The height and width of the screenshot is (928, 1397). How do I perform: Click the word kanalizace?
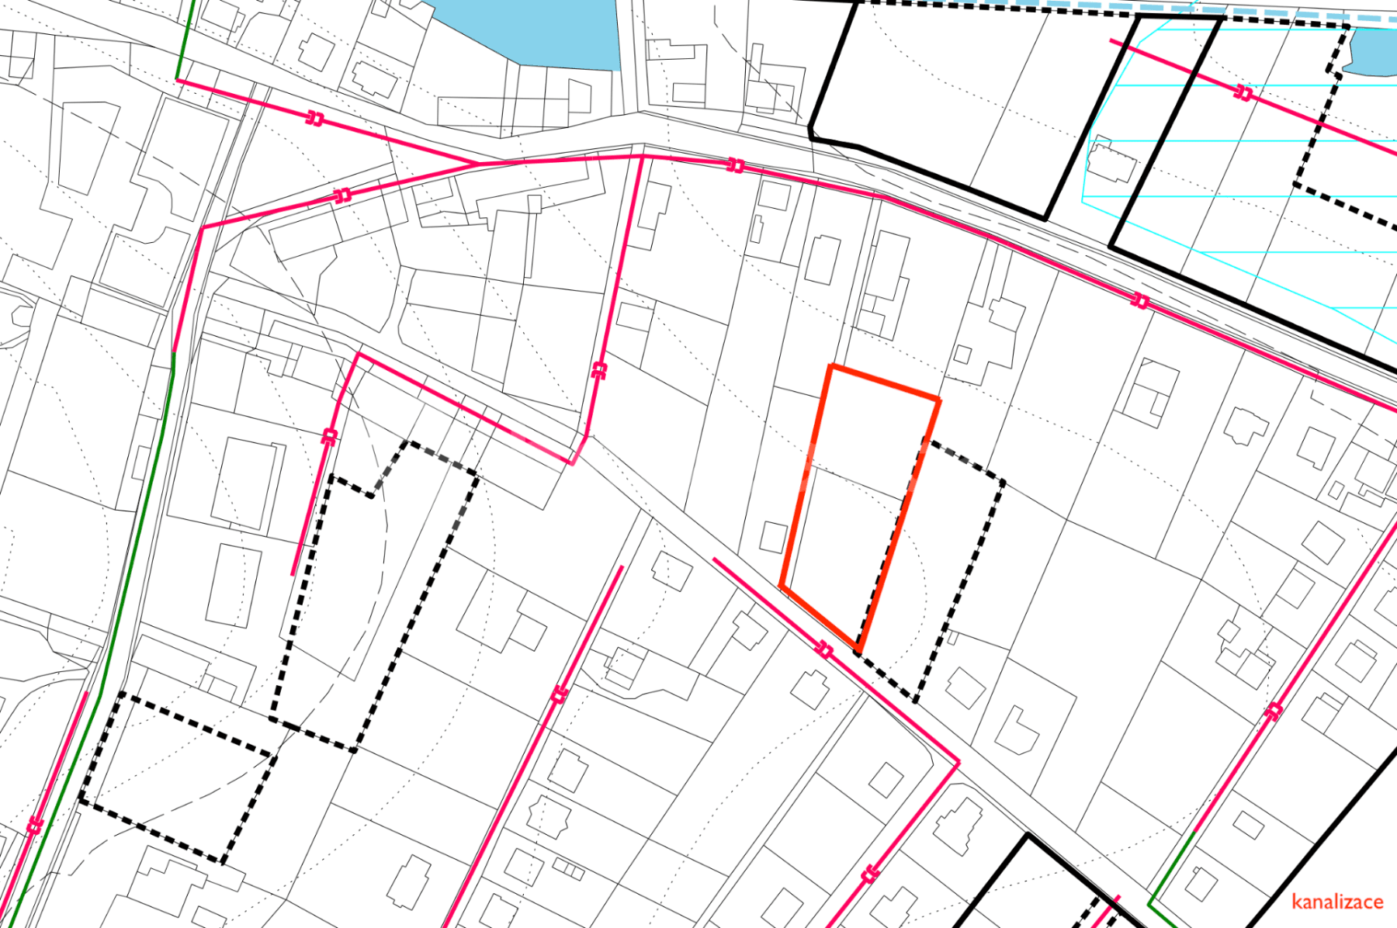[x=1337, y=902]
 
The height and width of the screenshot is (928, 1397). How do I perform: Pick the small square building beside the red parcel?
[x=773, y=537]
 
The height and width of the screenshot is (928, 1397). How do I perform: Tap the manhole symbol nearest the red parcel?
[x=825, y=649]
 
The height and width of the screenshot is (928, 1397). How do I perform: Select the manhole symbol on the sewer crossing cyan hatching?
[x=1243, y=94]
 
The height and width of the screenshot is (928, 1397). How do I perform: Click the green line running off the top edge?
[x=185, y=39]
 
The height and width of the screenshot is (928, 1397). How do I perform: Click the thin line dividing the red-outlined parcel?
[x=854, y=483]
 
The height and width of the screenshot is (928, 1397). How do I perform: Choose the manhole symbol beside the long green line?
[x=35, y=825]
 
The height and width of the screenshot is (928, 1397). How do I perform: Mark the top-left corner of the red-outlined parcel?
[x=831, y=366]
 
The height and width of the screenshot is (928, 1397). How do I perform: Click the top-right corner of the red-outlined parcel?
[x=939, y=400]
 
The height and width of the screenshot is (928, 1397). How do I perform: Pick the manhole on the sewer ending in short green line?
[x=1273, y=711]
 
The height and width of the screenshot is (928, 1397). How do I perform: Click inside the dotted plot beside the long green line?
[x=179, y=776]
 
